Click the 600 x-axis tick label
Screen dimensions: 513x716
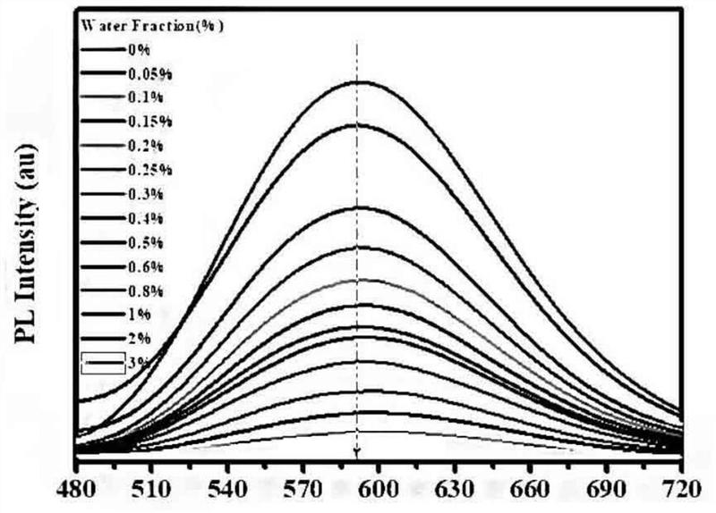coord(379,492)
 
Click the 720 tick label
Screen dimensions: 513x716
coord(682,492)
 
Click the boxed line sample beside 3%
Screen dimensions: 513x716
coord(101,362)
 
